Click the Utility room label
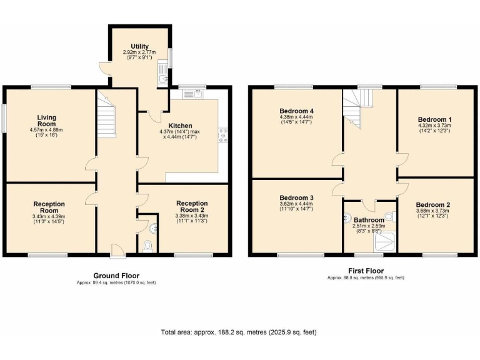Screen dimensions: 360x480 click(x=139, y=46)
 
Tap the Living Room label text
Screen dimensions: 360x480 click(x=47, y=120)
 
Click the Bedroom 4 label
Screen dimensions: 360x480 click(x=296, y=111)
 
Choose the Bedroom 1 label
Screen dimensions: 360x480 click(x=434, y=119)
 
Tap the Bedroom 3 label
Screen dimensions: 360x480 click(x=296, y=197)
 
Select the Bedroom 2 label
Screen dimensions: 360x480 click(x=433, y=204)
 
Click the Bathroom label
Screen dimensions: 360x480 click(x=369, y=220)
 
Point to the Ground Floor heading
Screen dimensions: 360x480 click(x=116, y=276)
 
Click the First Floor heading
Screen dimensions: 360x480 click(x=366, y=271)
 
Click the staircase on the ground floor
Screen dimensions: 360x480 click(x=107, y=119)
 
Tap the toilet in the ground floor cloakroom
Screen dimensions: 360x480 click(x=148, y=246)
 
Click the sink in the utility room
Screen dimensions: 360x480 click(x=162, y=78)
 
